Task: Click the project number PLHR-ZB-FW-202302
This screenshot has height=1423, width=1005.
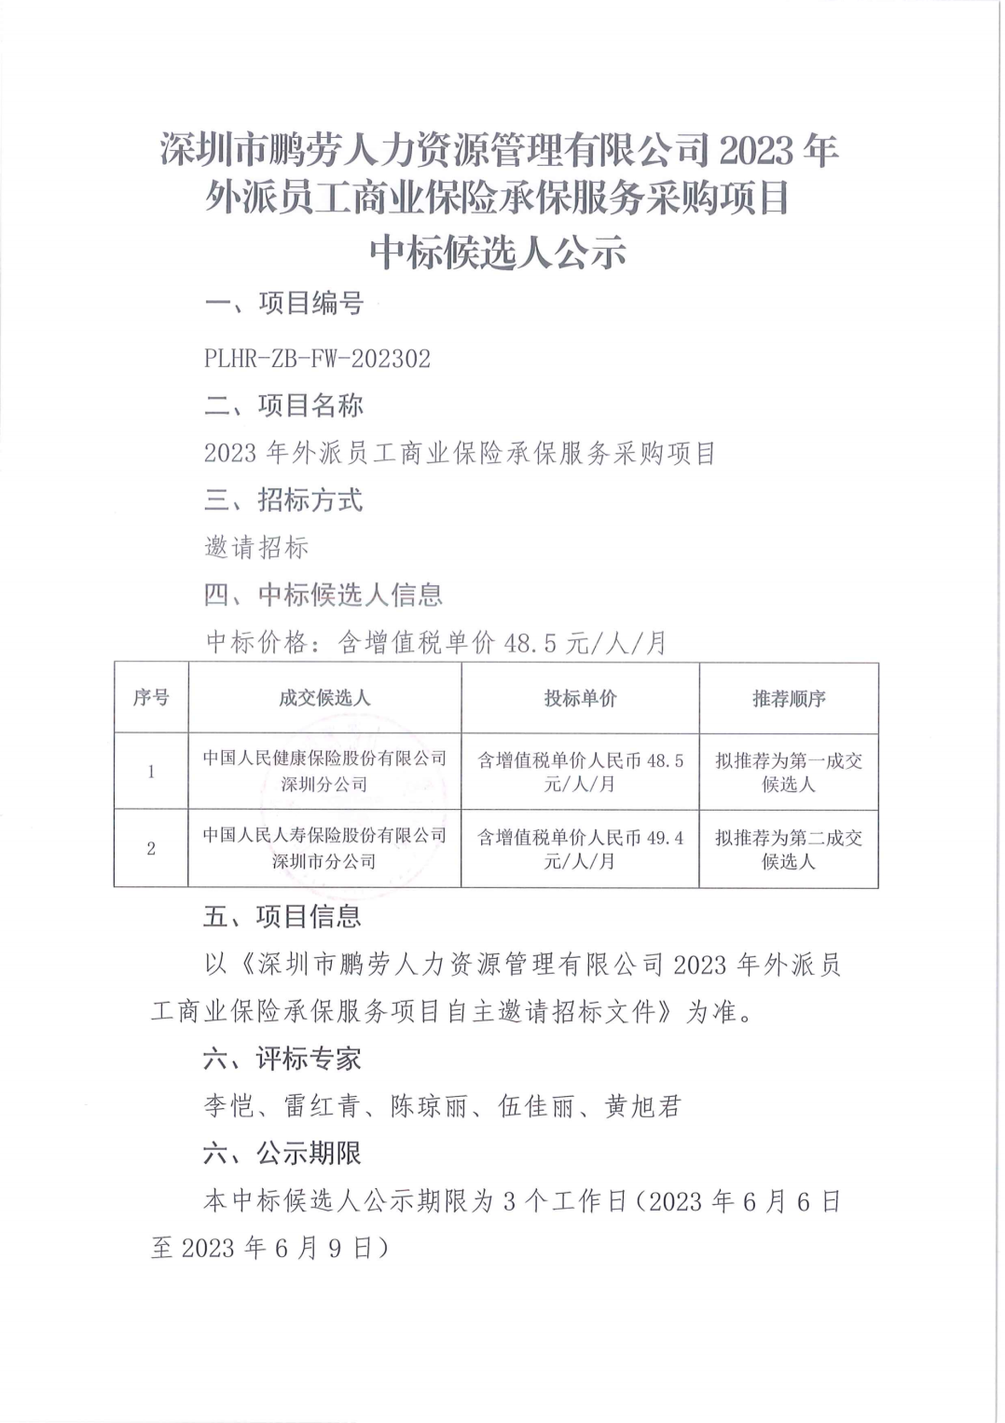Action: click(x=318, y=360)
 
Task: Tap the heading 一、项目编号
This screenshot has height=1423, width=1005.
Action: click(x=283, y=304)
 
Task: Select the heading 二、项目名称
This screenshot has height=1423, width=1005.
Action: click(x=283, y=405)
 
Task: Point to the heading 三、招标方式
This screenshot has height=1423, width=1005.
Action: click(x=283, y=501)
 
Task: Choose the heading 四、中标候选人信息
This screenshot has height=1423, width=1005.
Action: click(x=323, y=595)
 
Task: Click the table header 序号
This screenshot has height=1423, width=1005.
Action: click(x=151, y=698)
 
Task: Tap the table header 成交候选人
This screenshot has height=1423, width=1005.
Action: click(x=324, y=698)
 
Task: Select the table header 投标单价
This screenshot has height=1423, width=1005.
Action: click(x=580, y=698)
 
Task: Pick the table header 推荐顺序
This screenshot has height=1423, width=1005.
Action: click(x=789, y=698)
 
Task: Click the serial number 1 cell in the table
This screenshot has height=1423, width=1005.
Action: click(x=151, y=772)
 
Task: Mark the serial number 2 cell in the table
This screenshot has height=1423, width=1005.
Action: click(x=151, y=848)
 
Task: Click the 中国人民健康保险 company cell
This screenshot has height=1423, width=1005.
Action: click(x=324, y=772)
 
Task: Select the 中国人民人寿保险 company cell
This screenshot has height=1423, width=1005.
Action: click(x=324, y=848)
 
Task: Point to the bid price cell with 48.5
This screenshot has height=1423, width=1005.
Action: click(x=580, y=773)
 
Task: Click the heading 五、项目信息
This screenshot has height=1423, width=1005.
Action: click(x=283, y=917)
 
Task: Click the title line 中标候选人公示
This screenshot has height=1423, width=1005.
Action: click(x=500, y=252)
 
